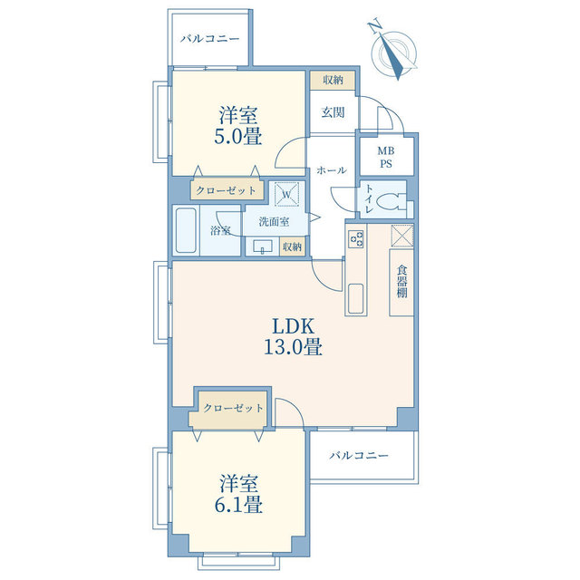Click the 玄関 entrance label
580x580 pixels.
pos(333,112)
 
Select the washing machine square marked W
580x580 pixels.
pos(286,194)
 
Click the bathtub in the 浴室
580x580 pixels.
pos(185,230)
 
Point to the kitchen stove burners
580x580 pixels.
pos(356,239)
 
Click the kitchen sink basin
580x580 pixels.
pos(356,298)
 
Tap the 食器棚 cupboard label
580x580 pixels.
pos(401,281)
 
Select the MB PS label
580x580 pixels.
pos(386,157)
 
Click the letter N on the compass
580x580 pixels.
pos(374,26)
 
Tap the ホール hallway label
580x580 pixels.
pos(332,170)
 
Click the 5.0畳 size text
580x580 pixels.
pos(238,136)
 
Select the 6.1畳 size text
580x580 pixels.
pos(238,504)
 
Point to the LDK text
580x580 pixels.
pos(293,326)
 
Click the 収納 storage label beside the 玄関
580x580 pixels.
pos(333,80)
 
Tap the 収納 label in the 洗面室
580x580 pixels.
pos(292,246)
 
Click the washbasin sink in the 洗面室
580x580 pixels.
pos(262,246)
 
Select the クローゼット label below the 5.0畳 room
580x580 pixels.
pos(226,190)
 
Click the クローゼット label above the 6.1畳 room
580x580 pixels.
pos(233,408)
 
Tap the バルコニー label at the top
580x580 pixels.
pos(209,38)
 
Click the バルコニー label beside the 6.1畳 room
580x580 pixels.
pos(359,455)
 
